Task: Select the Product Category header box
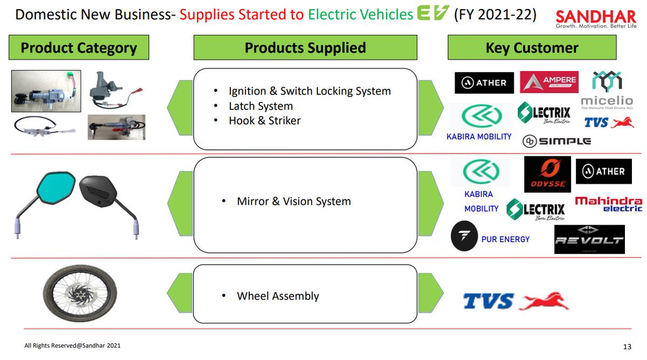click(x=79, y=48)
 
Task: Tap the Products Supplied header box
click(x=305, y=48)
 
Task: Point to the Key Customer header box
click(x=532, y=48)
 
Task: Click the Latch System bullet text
click(x=260, y=106)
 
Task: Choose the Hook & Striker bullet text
click(x=264, y=121)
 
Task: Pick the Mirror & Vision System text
click(x=294, y=202)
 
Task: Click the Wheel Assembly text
click(x=278, y=296)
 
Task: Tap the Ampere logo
click(x=549, y=82)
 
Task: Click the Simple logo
click(x=556, y=141)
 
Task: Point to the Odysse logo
click(x=547, y=174)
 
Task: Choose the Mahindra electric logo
click(x=609, y=204)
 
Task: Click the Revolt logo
click(x=589, y=239)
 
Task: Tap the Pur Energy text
click(x=505, y=239)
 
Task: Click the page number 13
click(x=627, y=346)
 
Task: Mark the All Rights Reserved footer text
click(x=72, y=345)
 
